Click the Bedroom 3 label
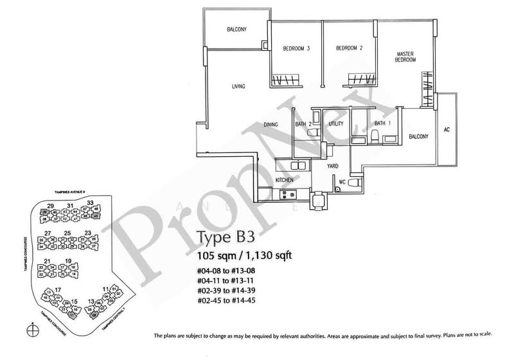(x=297, y=47)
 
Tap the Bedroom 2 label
(x=350, y=47)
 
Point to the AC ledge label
(x=447, y=129)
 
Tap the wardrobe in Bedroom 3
(x=283, y=80)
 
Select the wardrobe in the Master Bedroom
(x=427, y=89)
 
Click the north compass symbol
(x=33, y=331)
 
